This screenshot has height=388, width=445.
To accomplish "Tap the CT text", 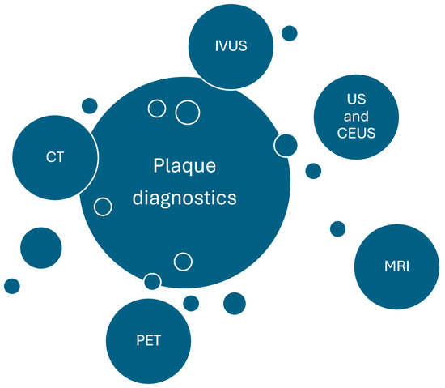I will [55, 158].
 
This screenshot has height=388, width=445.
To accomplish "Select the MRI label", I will [396, 266].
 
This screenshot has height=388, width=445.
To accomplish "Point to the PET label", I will [150, 340].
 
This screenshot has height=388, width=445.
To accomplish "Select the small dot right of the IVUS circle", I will [289, 33].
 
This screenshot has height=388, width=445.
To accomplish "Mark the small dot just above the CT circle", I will [90, 105].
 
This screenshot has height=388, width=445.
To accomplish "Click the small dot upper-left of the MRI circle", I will [337, 228].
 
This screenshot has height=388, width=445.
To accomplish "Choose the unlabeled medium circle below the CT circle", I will [40, 248].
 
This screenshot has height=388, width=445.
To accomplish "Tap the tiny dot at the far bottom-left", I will [12, 286].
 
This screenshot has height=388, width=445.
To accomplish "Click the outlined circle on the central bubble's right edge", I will [285, 145].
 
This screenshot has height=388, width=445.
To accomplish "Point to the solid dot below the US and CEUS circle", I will [313, 171].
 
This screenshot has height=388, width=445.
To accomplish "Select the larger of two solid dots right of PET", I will [234, 304].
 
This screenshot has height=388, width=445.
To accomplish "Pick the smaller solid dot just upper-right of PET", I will [191, 303].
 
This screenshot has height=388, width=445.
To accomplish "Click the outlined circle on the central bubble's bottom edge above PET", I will [152, 281].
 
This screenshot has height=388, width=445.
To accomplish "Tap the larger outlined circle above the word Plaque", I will [188, 113].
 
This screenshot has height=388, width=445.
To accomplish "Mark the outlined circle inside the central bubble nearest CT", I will [103, 207].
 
